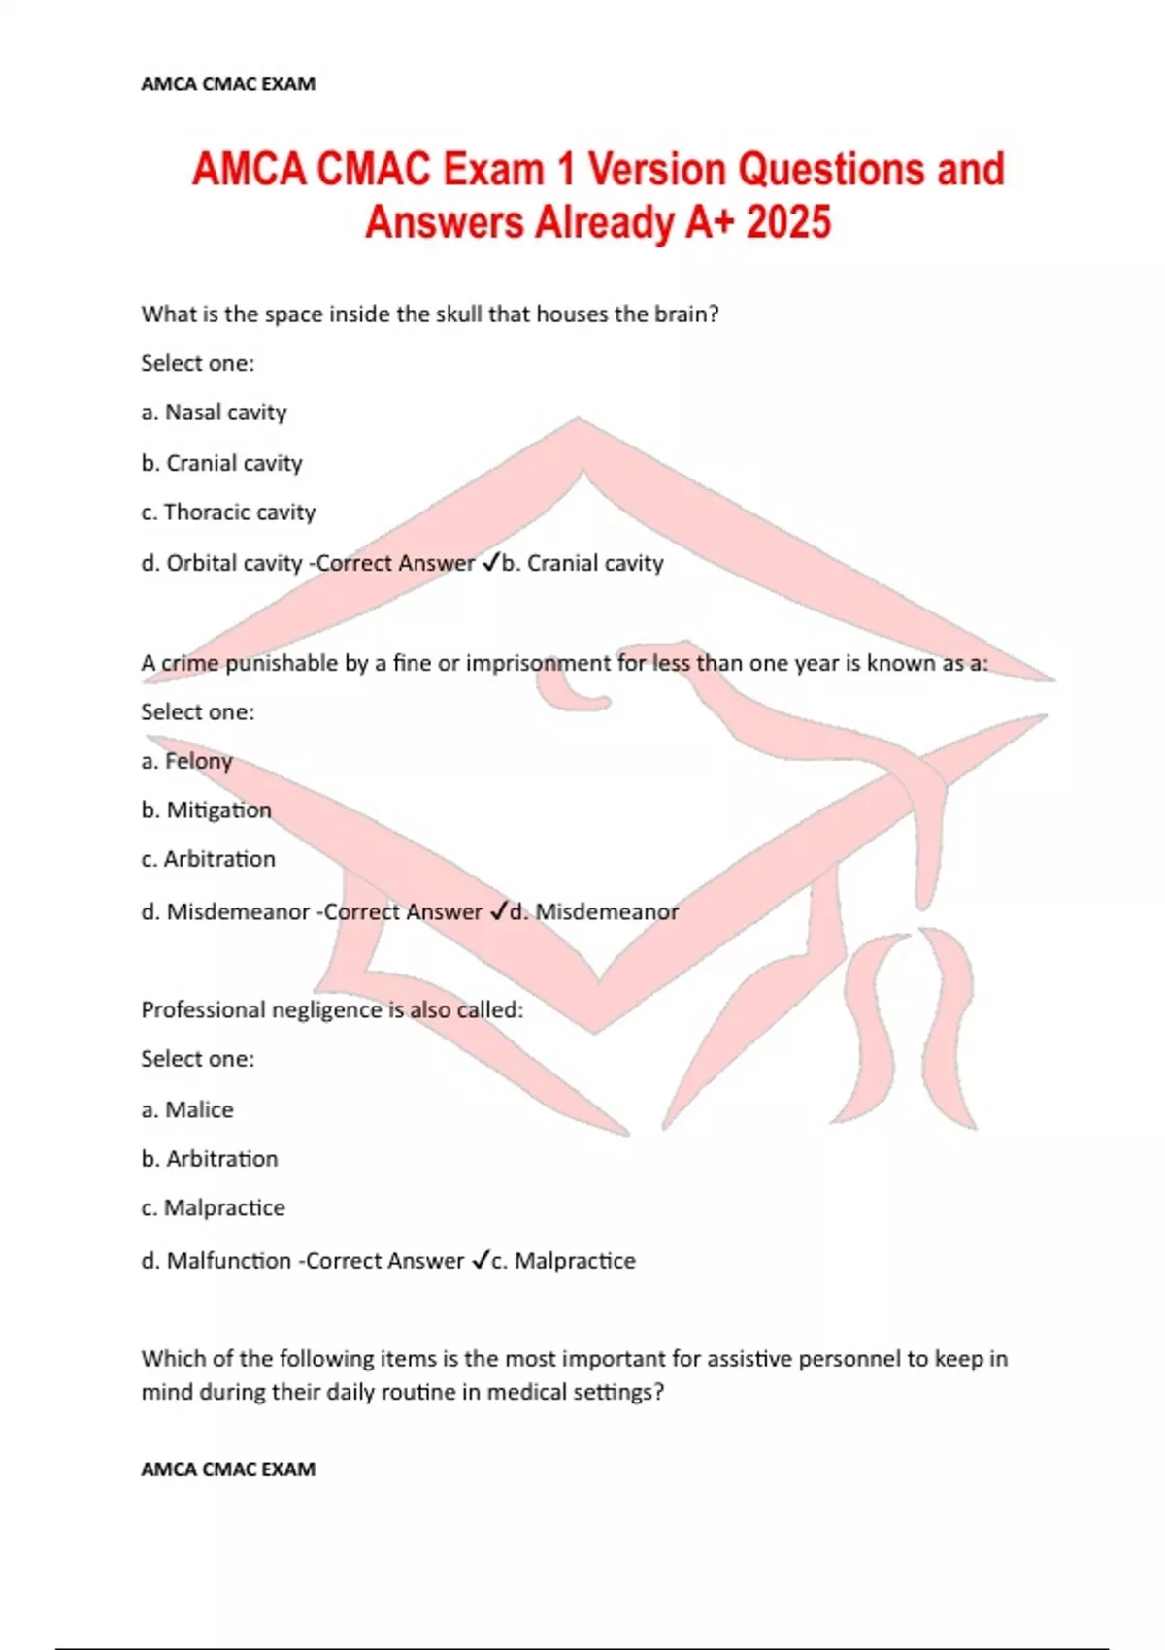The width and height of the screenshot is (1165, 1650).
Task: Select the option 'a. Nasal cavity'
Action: tap(214, 412)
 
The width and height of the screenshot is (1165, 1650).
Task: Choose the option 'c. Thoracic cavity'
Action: tap(228, 512)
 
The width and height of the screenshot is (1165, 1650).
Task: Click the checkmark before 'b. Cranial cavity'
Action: tap(490, 562)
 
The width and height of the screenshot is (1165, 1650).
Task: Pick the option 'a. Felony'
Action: tap(186, 761)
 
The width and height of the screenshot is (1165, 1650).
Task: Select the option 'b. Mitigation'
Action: tap(206, 810)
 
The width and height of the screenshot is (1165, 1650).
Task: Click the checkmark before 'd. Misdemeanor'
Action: tap(498, 911)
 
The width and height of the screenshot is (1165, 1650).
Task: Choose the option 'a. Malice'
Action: tap(187, 1109)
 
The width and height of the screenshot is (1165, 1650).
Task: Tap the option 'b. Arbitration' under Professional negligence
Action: tap(210, 1159)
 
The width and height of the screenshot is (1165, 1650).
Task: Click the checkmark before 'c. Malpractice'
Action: tap(481, 1260)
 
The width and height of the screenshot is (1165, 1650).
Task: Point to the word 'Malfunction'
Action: tap(229, 1261)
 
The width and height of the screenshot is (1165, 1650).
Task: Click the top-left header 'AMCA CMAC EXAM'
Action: tap(228, 84)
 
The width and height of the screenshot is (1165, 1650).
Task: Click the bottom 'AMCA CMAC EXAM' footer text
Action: tap(228, 1469)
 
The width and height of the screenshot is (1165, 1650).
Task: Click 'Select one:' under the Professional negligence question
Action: tap(198, 1059)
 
